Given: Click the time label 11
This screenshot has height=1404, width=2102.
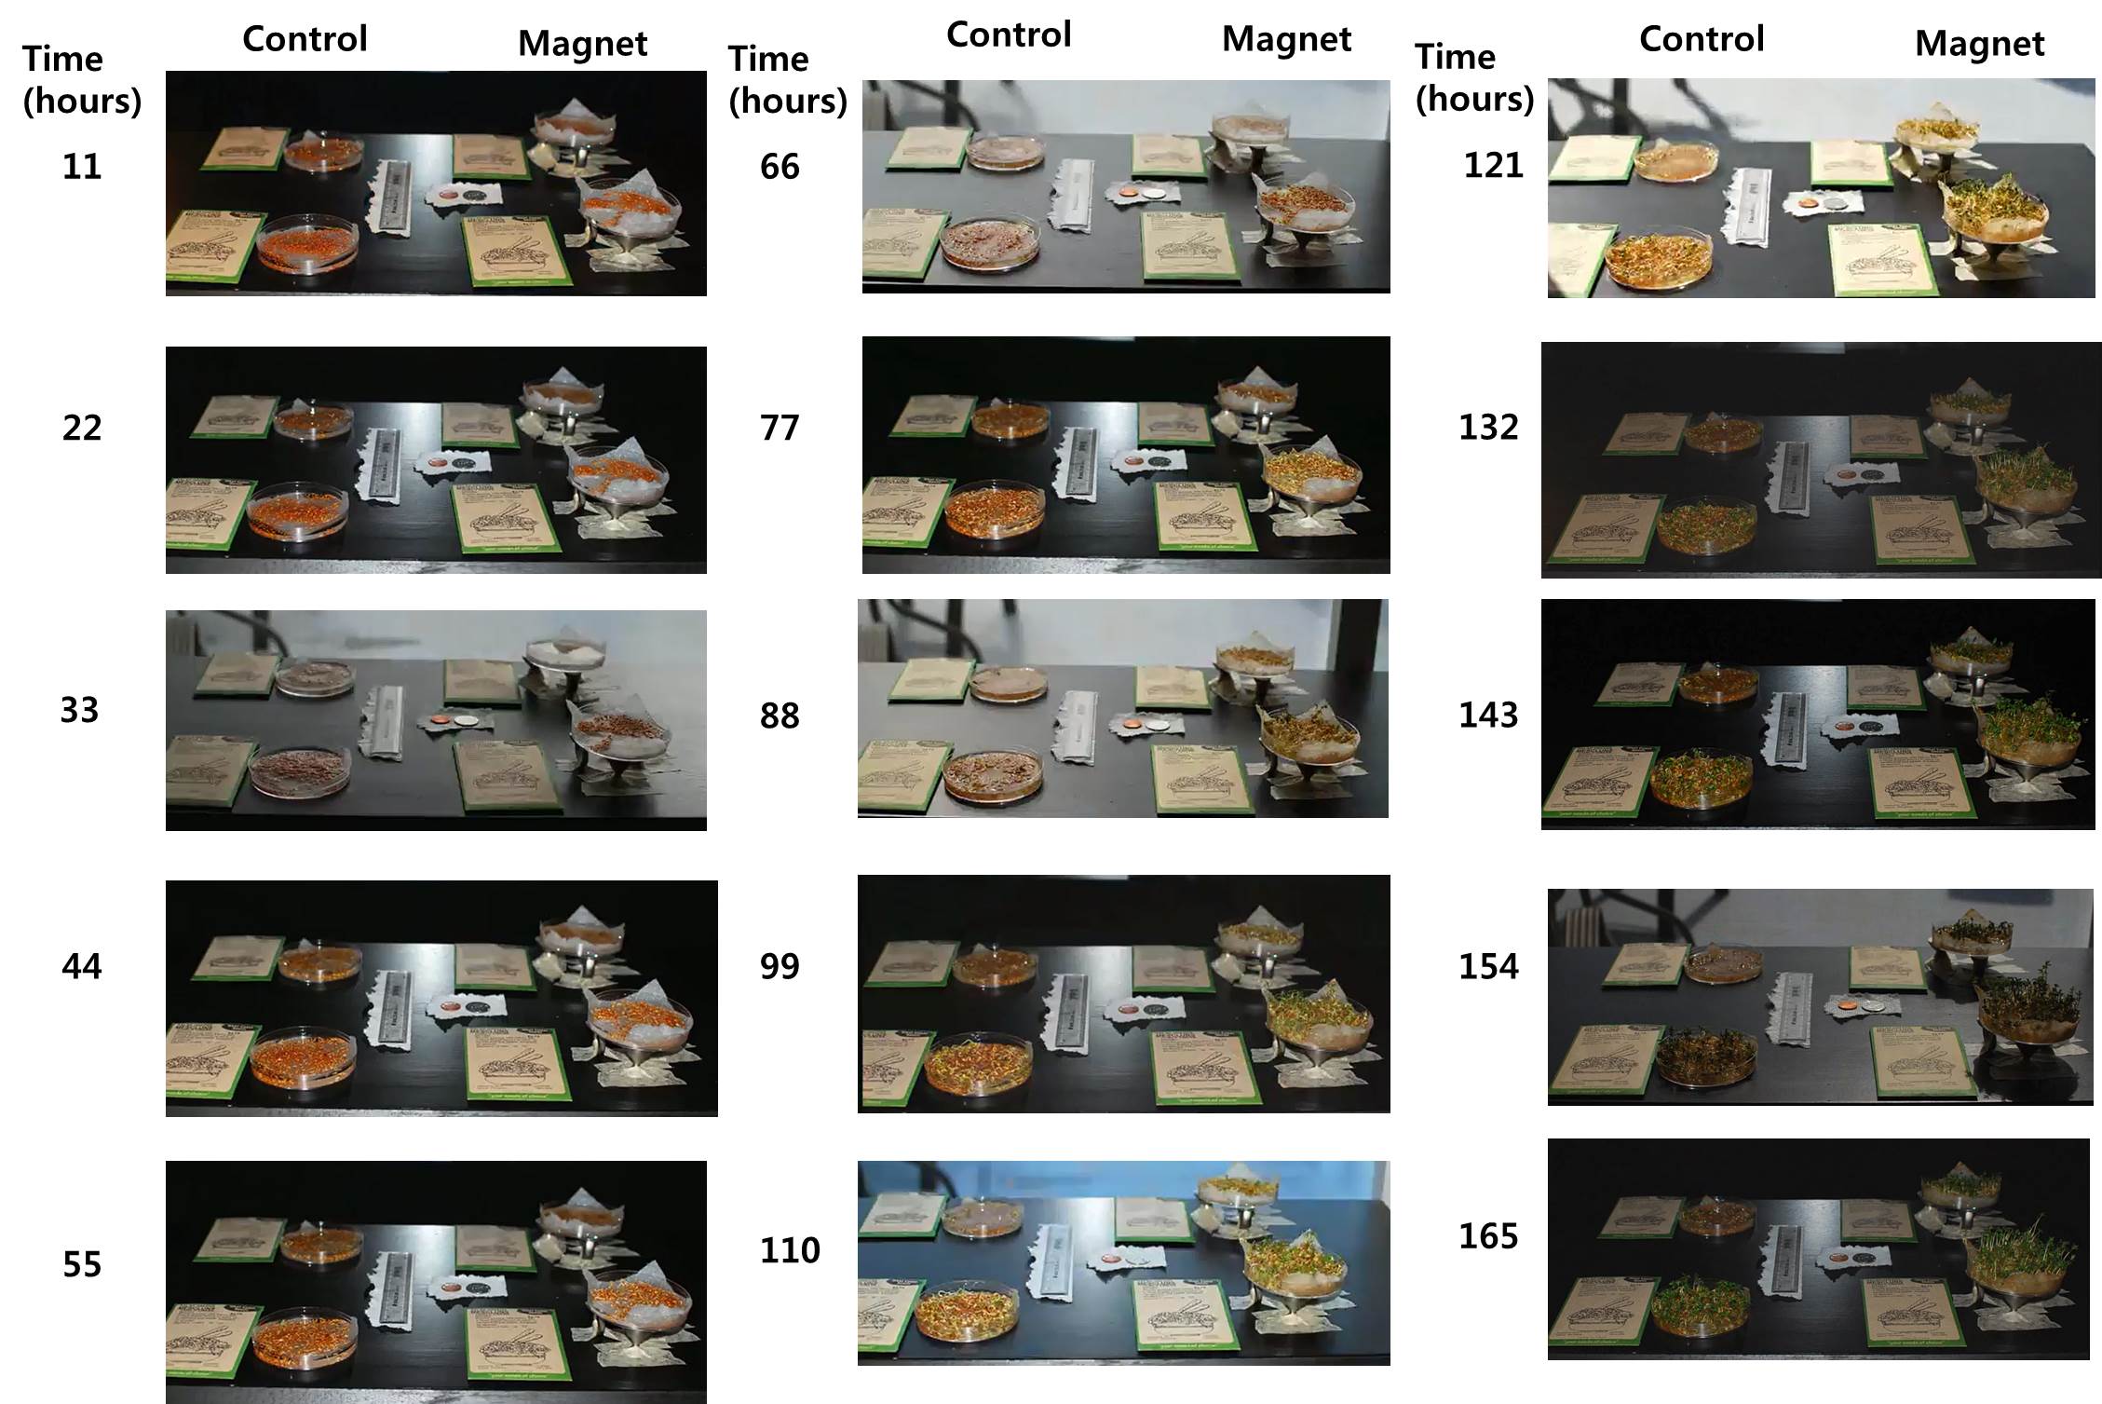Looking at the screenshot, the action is click(x=81, y=167).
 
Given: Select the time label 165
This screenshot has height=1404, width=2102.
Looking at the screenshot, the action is click(x=1487, y=1236).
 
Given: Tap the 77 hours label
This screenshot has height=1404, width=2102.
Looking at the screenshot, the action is click(x=780, y=428).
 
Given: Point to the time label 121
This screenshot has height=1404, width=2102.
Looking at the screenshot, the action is click(x=1493, y=166).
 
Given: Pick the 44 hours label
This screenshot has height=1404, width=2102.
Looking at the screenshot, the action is click(x=81, y=966).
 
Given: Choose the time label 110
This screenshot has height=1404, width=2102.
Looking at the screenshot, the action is click(x=789, y=1250).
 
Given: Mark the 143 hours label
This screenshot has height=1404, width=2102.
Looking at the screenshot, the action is click(x=1487, y=715).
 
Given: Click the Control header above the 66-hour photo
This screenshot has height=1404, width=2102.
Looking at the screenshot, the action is click(x=1009, y=34).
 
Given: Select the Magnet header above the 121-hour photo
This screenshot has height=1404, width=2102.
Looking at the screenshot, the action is click(x=1979, y=43).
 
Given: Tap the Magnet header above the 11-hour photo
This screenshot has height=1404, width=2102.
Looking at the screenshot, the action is click(x=582, y=43).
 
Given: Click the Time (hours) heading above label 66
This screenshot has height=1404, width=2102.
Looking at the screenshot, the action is click(x=787, y=79).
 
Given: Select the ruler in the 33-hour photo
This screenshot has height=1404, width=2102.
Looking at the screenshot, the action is click(x=384, y=722).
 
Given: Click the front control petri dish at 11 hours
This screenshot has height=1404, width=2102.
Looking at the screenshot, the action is click(x=306, y=244).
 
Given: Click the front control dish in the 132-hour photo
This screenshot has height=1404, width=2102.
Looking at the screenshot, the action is click(x=1706, y=526).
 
